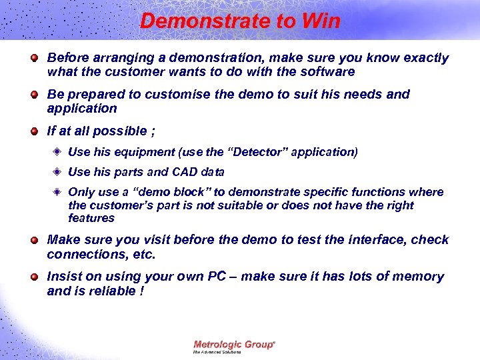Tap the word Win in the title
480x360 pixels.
tap(321, 21)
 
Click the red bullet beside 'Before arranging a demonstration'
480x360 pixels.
tap(33, 58)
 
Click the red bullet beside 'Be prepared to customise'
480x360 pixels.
tap(33, 95)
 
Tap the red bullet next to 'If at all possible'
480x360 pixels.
tap(33, 131)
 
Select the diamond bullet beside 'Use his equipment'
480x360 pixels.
tap(58, 152)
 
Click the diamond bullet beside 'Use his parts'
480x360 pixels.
tap(58, 172)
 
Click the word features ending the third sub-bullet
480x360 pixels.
tap(91, 218)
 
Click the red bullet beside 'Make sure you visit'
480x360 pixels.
tap(33, 239)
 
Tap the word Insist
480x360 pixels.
tap(63, 276)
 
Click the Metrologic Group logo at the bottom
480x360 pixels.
tap(233, 346)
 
